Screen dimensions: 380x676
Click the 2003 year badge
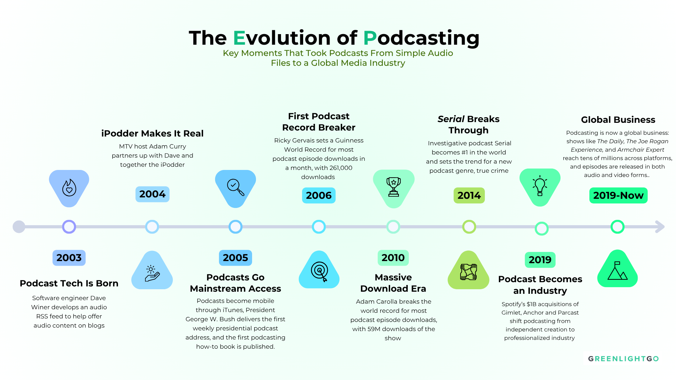pyautogui.click(x=69, y=258)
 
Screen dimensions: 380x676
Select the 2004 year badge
pyautogui.click(x=152, y=194)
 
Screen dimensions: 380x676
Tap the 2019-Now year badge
pyautogui.click(x=618, y=195)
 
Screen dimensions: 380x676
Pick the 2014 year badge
pyautogui.click(x=469, y=195)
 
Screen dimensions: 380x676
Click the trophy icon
pyautogui.click(x=393, y=187)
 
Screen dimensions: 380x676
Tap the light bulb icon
pyautogui.click(x=540, y=186)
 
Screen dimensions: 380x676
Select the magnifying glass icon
pyautogui.click(x=236, y=187)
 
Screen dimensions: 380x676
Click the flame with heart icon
pyautogui.click(x=69, y=188)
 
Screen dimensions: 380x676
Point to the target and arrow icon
pyautogui.click(x=319, y=271)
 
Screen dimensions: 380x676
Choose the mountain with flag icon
pyautogui.click(x=618, y=271)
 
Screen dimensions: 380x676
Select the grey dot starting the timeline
pyautogui.click(x=19, y=227)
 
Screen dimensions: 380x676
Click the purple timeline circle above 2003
pyautogui.click(x=69, y=227)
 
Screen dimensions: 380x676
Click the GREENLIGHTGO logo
pyautogui.click(x=623, y=359)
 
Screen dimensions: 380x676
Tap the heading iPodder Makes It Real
pyautogui.click(x=152, y=133)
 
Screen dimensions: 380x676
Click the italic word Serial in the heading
pyautogui.click(x=451, y=119)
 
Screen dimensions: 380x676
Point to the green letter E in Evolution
pyautogui.click(x=239, y=38)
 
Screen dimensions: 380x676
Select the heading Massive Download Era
pyautogui.click(x=393, y=283)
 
